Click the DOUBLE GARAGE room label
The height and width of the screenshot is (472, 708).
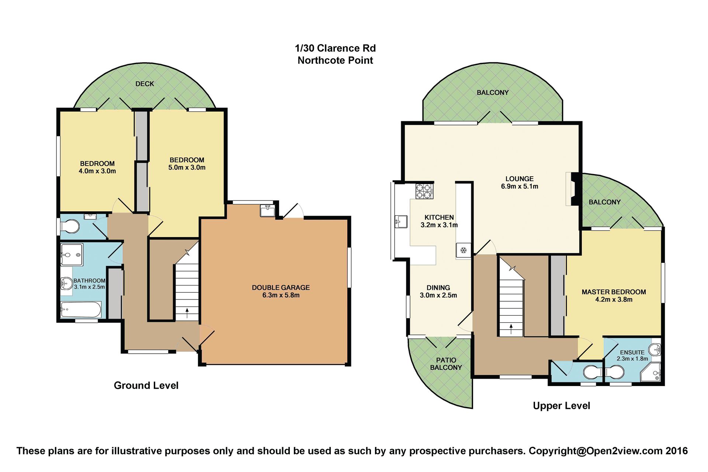(281, 288)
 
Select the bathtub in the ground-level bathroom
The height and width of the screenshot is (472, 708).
(81, 310)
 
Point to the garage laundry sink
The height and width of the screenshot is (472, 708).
(268, 211)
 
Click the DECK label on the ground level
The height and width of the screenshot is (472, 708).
(145, 84)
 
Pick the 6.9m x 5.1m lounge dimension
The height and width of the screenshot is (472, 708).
(519, 187)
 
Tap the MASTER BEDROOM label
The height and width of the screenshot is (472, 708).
(614, 292)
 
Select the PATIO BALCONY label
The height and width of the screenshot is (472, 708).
(446, 364)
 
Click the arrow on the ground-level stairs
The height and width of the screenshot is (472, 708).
(187, 313)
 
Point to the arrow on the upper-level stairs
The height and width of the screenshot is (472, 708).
(511, 329)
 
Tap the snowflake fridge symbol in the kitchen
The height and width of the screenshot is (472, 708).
(463, 250)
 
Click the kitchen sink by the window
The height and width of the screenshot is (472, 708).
(401, 222)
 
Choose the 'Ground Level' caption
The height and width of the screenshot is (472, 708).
(146, 386)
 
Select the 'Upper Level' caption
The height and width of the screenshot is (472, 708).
(561, 406)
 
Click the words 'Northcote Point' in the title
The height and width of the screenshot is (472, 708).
(335, 60)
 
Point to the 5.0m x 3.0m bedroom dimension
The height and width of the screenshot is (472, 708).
(187, 167)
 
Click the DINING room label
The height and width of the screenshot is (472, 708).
(438, 288)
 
